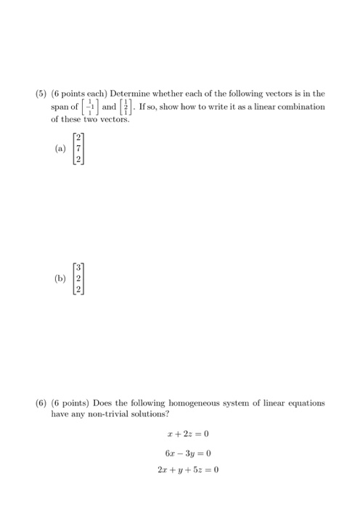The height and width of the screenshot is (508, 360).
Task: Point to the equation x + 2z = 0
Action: coord(187,434)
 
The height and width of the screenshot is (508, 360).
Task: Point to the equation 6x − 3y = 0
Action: coord(187,451)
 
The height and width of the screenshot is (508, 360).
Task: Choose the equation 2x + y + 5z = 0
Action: coord(187,469)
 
